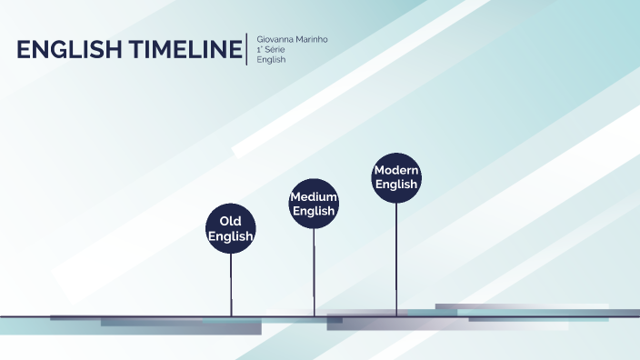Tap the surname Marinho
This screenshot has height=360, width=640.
pos(310,40)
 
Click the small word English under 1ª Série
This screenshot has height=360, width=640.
pos(272,60)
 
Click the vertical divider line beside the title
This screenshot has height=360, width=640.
pos(247,49)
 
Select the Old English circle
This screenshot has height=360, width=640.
pos(230,228)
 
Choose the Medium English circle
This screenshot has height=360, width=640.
pos(314,204)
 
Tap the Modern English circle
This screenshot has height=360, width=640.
pos(395,177)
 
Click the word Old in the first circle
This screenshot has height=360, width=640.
pos(230,221)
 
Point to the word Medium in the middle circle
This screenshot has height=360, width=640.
pos(314,197)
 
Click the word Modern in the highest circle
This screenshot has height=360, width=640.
pos(395,171)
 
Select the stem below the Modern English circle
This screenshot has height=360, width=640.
pos(396,258)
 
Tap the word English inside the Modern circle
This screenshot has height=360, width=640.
pos(395,185)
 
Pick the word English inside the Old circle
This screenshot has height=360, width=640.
pos(230,236)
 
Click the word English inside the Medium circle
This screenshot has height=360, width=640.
pos(314,211)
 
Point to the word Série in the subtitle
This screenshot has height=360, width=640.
pos(275,50)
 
